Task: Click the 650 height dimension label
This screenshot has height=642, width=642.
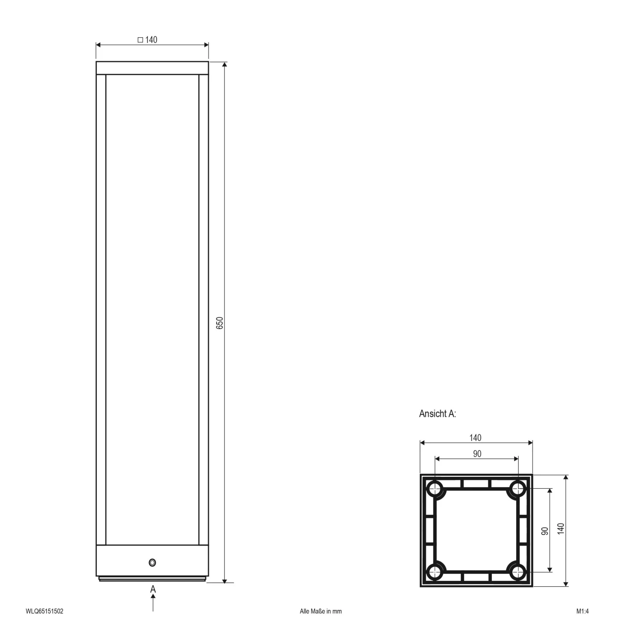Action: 220,323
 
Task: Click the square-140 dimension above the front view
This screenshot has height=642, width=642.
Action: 148,40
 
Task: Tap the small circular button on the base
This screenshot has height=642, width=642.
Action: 152,562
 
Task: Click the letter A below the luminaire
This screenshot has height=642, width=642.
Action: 153,589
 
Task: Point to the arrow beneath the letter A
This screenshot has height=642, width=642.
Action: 153,602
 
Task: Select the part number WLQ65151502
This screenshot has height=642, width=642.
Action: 45,611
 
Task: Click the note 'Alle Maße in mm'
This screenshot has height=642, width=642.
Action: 321,611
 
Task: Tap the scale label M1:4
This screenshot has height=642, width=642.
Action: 583,611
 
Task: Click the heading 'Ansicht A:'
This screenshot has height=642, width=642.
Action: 437,414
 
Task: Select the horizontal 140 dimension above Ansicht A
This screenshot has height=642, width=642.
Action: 475,438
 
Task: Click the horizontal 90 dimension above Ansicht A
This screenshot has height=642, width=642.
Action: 477,454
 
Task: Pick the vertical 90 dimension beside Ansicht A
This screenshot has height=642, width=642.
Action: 545,531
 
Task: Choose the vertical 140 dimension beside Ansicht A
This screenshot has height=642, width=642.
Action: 561,529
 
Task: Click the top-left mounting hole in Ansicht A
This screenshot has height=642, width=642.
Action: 435,488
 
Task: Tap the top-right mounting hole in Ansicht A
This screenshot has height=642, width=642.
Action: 518,488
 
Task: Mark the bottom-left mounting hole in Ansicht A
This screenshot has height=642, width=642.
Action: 435,571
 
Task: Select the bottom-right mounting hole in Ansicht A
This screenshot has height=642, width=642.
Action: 518,571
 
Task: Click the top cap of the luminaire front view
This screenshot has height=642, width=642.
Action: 152,68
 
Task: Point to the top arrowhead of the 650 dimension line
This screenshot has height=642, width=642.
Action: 225,65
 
